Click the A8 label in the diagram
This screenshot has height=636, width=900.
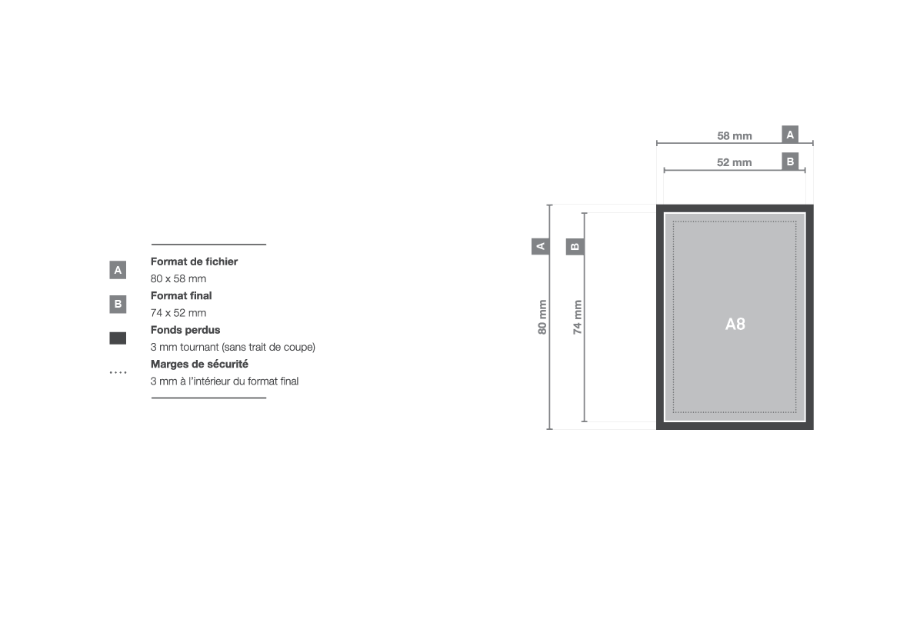click(x=735, y=325)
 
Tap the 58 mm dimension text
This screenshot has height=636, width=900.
click(x=734, y=136)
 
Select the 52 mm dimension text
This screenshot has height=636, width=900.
click(x=734, y=162)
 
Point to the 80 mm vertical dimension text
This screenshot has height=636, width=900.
click(x=542, y=317)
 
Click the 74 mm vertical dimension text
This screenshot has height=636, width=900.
click(x=578, y=317)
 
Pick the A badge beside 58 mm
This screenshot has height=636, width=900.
click(x=790, y=135)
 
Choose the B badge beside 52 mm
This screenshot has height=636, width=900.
click(x=790, y=161)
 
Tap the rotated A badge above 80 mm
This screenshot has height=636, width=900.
click(x=540, y=246)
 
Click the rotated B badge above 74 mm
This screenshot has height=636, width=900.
click(x=575, y=246)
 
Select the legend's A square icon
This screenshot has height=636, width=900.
click(x=118, y=270)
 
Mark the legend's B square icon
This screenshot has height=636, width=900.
click(x=118, y=305)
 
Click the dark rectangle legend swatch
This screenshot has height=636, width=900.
click(x=118, y=338)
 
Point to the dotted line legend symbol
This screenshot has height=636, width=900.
click(x=118, y=372)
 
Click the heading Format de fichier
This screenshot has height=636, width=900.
click(x=194, y=261)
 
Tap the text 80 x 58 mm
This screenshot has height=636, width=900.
click(x=178, y=279)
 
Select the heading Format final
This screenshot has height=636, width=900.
click(x=182, y=295)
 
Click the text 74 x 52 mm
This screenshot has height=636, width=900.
click(x=178, y=313)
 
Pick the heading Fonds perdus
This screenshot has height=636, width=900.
click(x=185, y=330)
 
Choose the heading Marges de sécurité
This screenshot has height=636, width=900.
click(x=199, y=364)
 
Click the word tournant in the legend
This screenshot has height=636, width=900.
click(x=199, y=348)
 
